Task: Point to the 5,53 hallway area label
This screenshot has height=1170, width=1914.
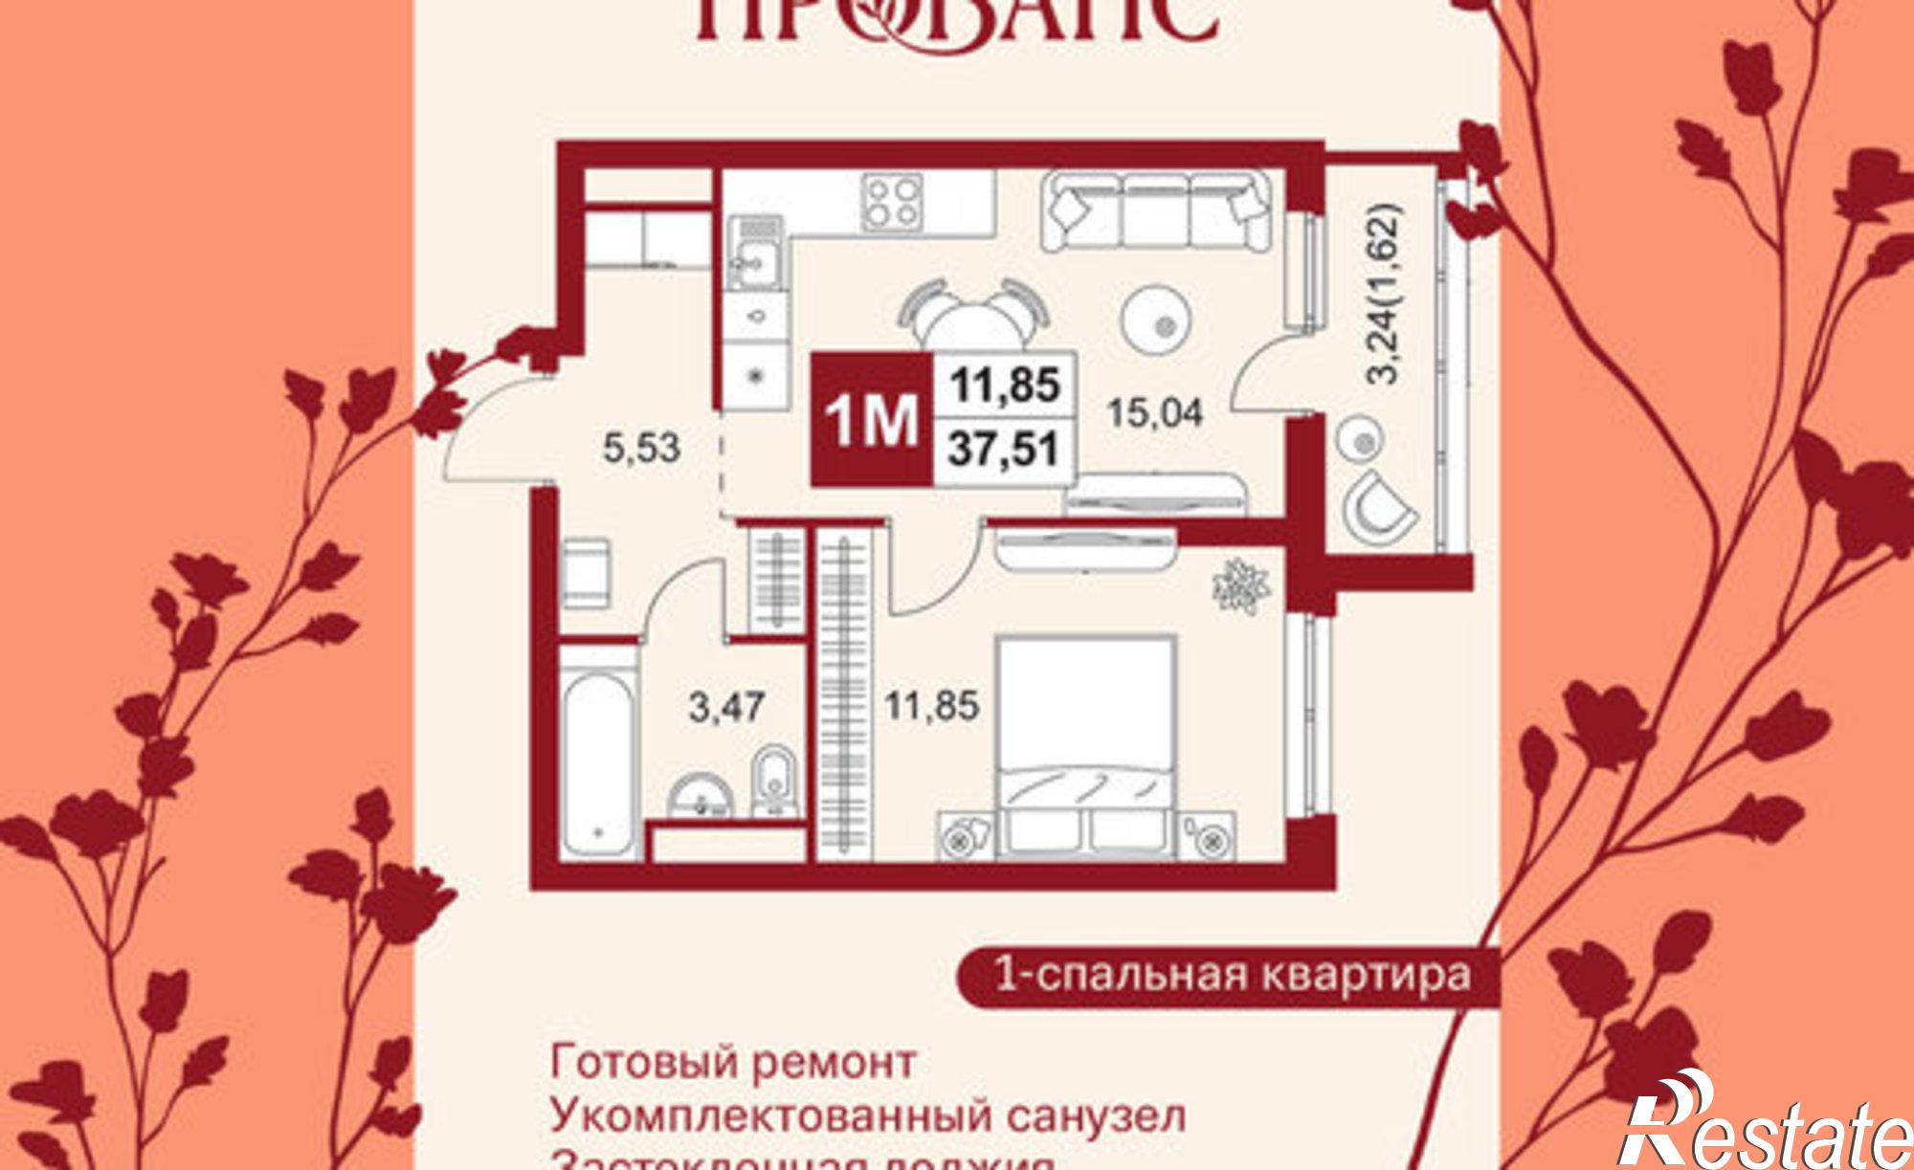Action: pyautogui.click(x=641, y=447)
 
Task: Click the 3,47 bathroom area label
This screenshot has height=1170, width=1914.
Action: pyautogui.click(x=726, y=708)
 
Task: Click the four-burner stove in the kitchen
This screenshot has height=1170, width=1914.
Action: pyautogui.click(x=893, y=202)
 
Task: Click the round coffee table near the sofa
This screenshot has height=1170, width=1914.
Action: pyautogui.click(x=1156, y=324)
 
